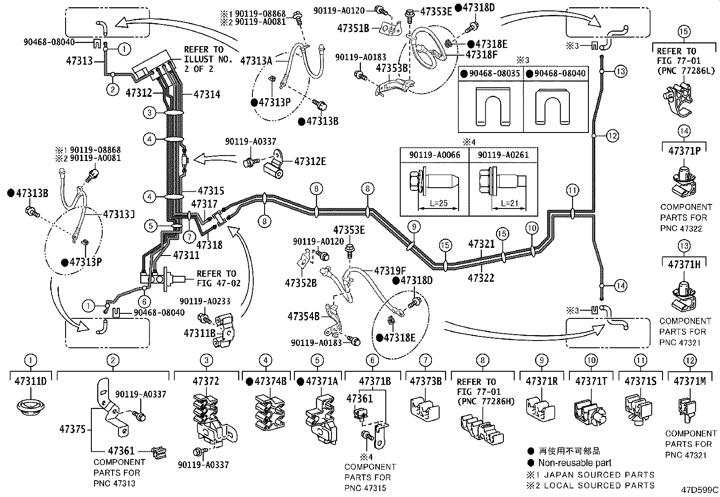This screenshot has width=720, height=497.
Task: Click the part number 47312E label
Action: [x=310, y=161]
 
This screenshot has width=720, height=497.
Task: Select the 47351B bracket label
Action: [x=353, y=28]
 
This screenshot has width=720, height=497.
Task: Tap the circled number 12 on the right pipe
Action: [x=612, y=135]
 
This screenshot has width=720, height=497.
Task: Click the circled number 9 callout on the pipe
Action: [x=413, y=227]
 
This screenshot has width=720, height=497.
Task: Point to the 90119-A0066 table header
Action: [x=435, y=155]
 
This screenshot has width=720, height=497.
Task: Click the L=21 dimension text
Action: [x=510, y=204]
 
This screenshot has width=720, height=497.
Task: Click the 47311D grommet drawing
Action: [x=30, y=406]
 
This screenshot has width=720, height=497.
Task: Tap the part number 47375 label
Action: [x=72, y=429]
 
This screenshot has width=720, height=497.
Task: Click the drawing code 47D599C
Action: [x=700, y=490]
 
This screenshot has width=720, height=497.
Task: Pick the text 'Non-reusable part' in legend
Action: [x=574, y=463]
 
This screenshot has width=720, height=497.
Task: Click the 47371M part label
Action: [x=689, y=381]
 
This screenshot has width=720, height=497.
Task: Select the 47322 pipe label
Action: [x=481, y=278]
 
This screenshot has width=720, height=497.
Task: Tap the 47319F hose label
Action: [x=390, y=271]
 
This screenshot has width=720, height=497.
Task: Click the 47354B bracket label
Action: [x=303, y=316]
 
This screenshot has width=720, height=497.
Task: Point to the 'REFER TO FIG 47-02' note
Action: [x=216, y=279]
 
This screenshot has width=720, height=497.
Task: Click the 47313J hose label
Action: [x=119, y=214]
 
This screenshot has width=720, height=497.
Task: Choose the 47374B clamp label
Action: [x=270, y=381]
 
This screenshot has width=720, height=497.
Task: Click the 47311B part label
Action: [x=199, y=333]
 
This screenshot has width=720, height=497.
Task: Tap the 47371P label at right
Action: [x=684, y=151]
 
